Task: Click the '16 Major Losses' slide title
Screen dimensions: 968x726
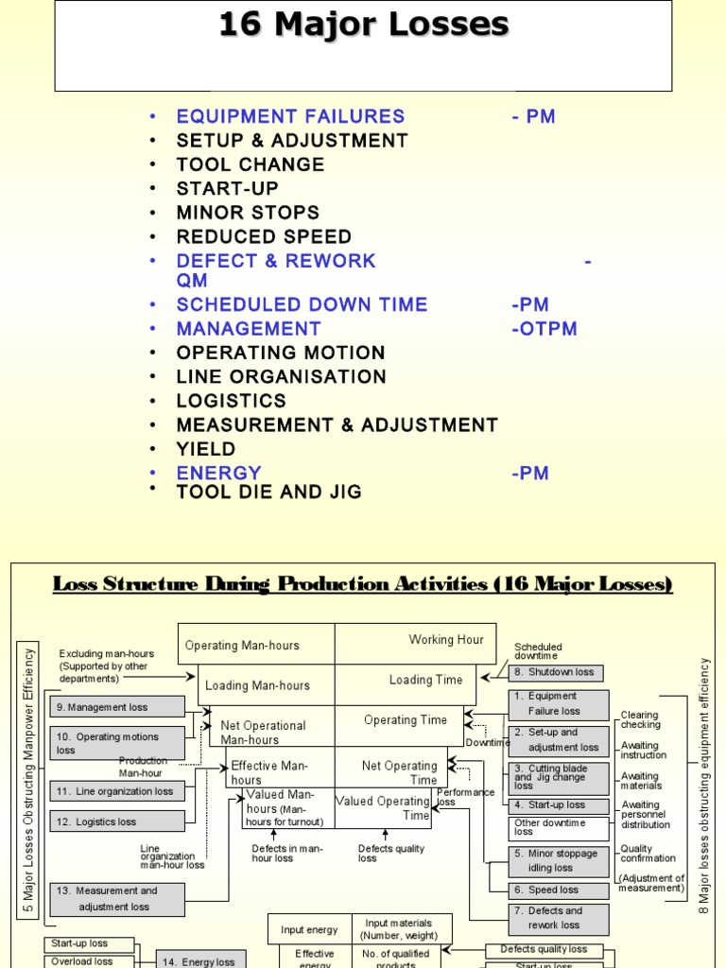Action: [x=363, y=24]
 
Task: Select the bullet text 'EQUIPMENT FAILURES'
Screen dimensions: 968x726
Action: [x=290, y=116]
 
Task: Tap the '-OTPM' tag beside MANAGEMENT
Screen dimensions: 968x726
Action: [x=544, y=329]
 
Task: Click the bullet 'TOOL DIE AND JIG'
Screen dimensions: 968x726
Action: [x=268, y=493]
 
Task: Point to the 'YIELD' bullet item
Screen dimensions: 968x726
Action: [x=205, y=449]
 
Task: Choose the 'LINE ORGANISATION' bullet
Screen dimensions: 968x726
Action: [x=281, y=376]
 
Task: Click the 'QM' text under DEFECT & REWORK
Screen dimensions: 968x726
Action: [x=192, y=281]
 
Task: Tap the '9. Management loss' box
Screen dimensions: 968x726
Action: [x=117, y=707]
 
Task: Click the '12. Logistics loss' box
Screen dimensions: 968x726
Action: [x=117, y=822]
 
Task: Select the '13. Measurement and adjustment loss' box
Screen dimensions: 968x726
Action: [x=117, y=899]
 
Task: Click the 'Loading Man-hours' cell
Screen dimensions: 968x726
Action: [x=257, y=685]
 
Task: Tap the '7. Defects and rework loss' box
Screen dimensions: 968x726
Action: [x=560, y=918]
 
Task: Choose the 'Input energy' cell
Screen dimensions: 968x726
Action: [x=309, y=930]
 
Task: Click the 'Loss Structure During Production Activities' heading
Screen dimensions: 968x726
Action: [x=363, y=585]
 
